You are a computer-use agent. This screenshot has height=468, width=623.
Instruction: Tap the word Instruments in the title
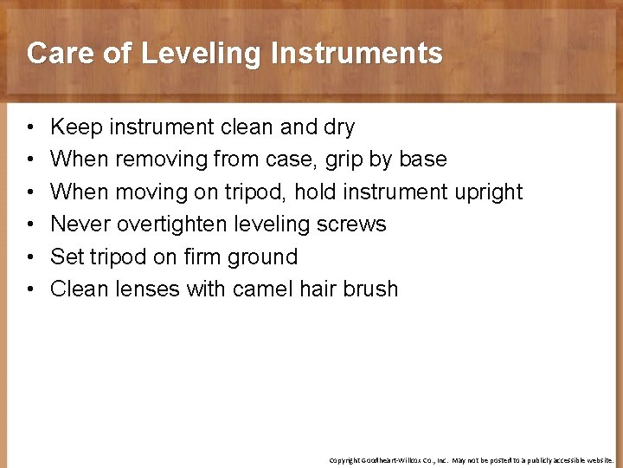point(356,54)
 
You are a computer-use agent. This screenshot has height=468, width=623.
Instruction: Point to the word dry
point(338,127)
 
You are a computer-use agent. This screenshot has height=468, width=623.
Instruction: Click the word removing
point(153,159)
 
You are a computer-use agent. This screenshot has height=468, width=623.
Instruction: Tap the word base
point(424,159)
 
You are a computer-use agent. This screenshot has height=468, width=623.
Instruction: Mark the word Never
point(80,224)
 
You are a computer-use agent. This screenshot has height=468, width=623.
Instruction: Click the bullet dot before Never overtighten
point(30,224)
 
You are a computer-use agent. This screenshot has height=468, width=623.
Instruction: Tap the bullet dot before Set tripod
point(30,257)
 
